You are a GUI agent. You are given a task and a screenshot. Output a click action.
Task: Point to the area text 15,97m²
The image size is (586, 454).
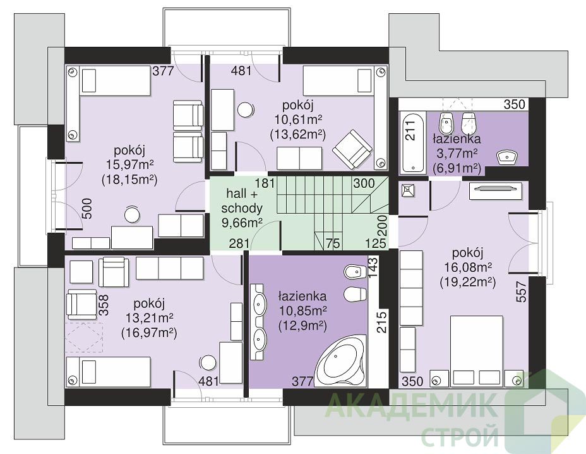(x=129, y=164)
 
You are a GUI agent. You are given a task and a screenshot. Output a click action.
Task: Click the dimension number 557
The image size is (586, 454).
(x=522, y=292)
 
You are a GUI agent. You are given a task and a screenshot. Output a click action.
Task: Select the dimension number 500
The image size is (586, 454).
(x=87, y=209)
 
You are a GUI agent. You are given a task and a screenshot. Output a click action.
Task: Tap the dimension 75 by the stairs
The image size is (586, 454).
(x=332, y=243)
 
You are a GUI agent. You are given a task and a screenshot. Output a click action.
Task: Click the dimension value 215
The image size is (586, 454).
(x=381, y=322)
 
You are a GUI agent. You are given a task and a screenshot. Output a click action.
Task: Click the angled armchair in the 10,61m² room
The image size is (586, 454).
(x=353, y=149)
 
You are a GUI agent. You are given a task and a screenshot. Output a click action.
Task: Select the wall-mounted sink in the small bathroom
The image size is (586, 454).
(x=507, y=157)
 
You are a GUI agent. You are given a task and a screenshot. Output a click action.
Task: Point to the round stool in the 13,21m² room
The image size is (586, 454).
(x=207, y=362)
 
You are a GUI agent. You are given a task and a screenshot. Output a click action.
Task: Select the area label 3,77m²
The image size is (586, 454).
(x=457, y=154)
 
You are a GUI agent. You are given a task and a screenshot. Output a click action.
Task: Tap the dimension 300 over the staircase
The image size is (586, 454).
(x=364, y=183)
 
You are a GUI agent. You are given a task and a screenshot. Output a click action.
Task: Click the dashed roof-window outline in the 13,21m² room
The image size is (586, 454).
(x=85, y=337)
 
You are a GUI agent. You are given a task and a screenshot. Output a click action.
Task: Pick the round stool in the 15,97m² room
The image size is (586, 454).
(x=131, y=214)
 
